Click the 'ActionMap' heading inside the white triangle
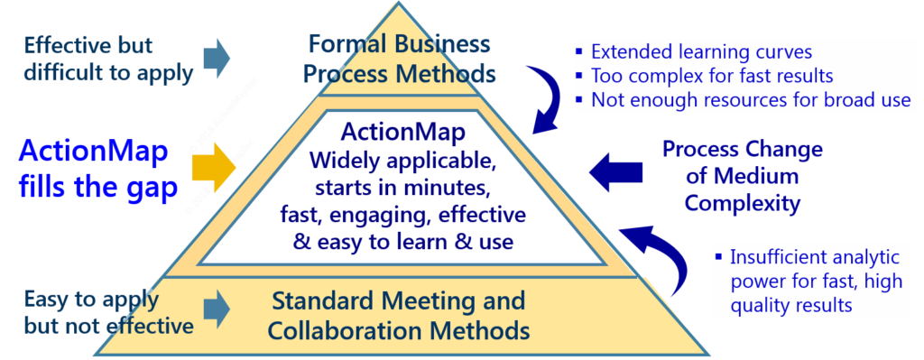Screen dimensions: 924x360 click(x=402, y=133)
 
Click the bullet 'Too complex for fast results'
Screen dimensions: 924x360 click(x=711, y=76)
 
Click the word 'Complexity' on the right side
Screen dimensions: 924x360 click(x=742, y=202)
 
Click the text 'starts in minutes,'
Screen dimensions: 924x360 click(x=402, y=189)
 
